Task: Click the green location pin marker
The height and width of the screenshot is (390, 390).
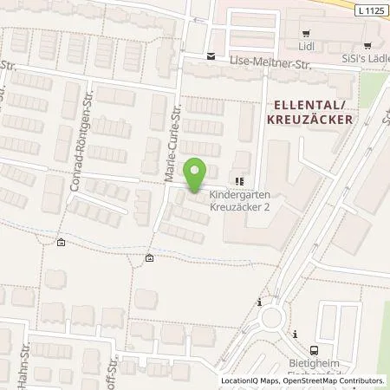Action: [x=196, y=175]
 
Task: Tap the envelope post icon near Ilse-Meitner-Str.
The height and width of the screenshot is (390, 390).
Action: [x=210, y=56]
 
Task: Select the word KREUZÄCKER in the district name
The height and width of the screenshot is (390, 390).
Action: [x=309, y=120]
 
